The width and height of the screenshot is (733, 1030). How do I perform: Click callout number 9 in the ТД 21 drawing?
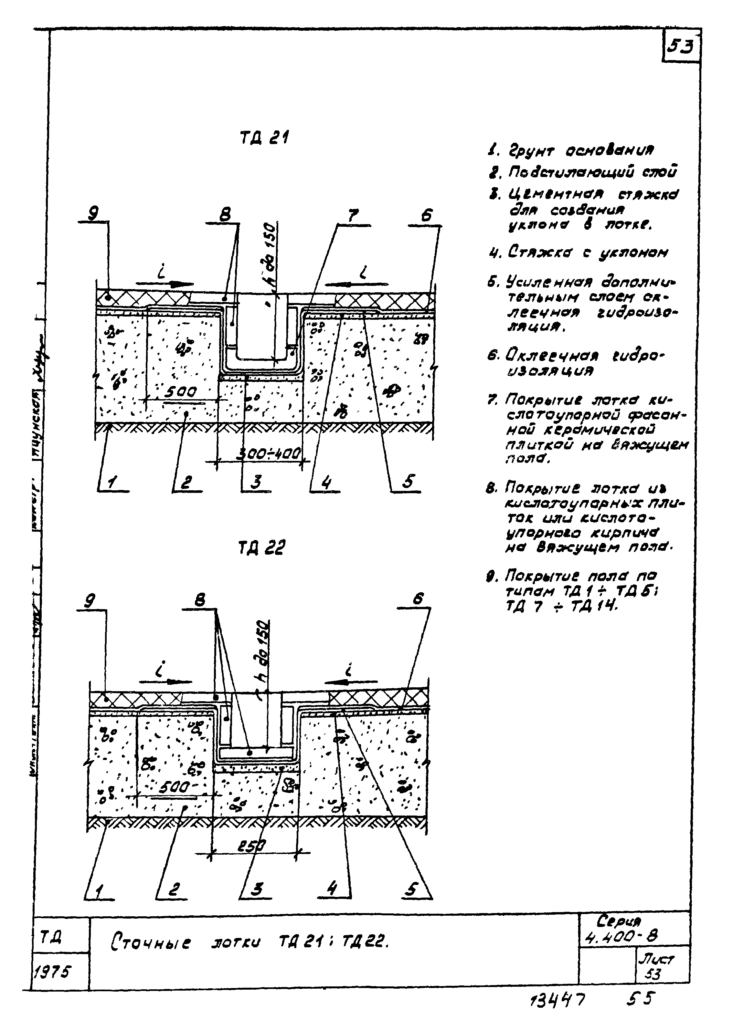point(94,213)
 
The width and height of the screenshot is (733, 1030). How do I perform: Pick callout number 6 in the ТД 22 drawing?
point(419,599)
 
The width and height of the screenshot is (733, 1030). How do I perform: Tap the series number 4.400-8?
point(621,937)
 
